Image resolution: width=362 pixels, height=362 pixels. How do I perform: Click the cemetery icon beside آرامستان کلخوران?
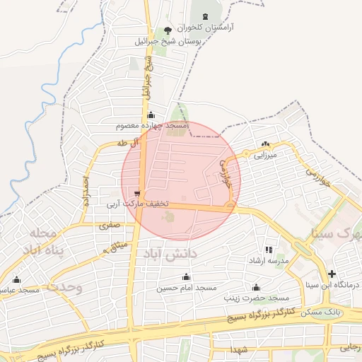point(206,16)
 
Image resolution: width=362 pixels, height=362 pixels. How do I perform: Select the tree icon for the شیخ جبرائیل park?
point(168,30)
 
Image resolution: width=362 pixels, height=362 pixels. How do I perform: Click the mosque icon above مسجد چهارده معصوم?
point(150,115)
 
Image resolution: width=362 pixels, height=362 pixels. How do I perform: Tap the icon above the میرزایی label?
point(266,144)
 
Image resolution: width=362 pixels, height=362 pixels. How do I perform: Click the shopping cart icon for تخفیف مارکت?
point(136,193)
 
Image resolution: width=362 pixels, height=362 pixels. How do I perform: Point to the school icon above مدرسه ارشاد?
point(268,250)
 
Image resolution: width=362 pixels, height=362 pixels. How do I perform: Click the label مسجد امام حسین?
point(185,288)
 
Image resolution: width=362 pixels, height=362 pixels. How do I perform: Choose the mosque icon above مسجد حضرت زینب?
point(256,287)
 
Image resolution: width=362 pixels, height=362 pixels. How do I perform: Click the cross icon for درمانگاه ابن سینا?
point(332,274)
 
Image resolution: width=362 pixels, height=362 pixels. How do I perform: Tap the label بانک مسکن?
point(346,311)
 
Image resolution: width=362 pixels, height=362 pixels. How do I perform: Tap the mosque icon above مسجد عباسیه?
point(16,279)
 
